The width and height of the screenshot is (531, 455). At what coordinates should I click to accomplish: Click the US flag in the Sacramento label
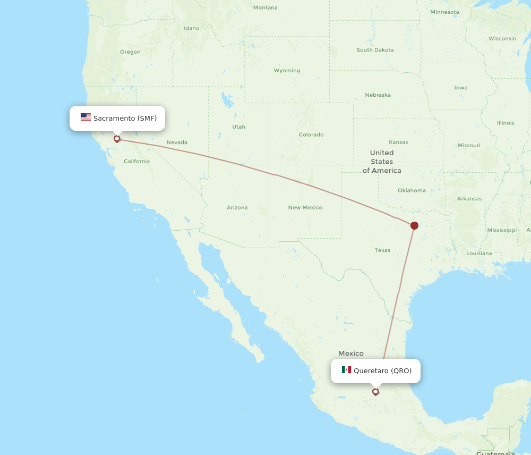(85, 117)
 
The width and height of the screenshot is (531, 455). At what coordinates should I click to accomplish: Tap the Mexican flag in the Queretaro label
(346, 370)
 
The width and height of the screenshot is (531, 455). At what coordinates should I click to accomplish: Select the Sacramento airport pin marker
(117, 139)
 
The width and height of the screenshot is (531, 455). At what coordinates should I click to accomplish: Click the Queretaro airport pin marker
(375, 392)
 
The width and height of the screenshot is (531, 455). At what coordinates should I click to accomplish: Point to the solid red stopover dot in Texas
(414, 225)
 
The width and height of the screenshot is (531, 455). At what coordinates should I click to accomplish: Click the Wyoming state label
(287, 70)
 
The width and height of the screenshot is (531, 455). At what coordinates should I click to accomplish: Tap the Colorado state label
(311, 134)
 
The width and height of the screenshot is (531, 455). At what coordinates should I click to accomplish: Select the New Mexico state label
(305, 207)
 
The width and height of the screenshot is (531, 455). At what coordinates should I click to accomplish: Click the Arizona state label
(237, 207)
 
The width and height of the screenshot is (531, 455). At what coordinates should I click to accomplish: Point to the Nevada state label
(177, 142)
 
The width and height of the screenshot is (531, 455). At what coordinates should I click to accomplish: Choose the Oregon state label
(130, 52)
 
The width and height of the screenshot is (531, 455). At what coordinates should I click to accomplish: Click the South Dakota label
(375, 50)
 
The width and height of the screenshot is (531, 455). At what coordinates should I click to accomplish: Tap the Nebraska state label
(378, 95)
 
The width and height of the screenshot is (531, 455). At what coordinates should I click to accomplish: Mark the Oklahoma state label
(412, 190)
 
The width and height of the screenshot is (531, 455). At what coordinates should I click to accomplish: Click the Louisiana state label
(479, 254)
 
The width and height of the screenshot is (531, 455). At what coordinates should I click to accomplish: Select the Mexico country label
(351, 353)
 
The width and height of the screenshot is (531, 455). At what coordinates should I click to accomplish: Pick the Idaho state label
(192, 28)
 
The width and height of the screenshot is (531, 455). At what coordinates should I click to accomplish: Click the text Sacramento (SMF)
(125, 118)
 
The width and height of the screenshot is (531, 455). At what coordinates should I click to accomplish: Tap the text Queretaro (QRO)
(382, 370)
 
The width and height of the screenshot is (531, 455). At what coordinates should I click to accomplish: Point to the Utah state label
(238, 127)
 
